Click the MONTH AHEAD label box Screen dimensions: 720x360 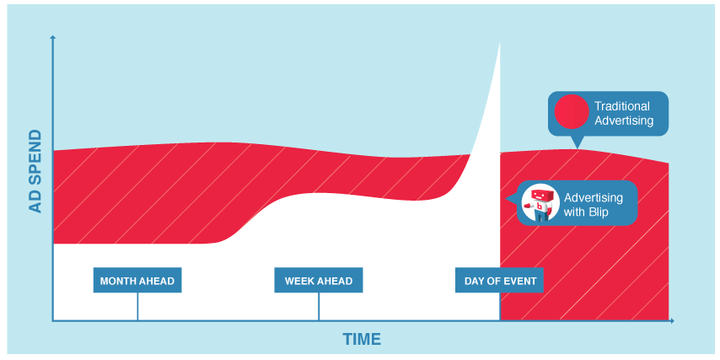coord(137,280)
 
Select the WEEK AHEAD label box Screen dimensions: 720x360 coord(319,280)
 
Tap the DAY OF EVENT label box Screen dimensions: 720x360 coord(500,280)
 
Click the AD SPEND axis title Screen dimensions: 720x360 coord(35,171)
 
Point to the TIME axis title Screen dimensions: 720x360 coord(362,339)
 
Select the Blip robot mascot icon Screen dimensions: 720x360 coord(540,204)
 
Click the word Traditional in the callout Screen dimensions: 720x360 coord(622,106)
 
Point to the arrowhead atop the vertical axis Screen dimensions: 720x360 coord(53,37)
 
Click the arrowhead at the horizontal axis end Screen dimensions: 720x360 coord(671,320)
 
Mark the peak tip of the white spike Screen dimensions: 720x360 coord(499,42)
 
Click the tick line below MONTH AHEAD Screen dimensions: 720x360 coord(137,306)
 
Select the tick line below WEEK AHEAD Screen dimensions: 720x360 coord(319,306)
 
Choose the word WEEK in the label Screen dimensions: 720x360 coord(298,281)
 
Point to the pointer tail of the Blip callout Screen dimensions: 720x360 coord(511,199)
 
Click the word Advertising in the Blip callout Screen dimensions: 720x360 coord(594,198)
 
